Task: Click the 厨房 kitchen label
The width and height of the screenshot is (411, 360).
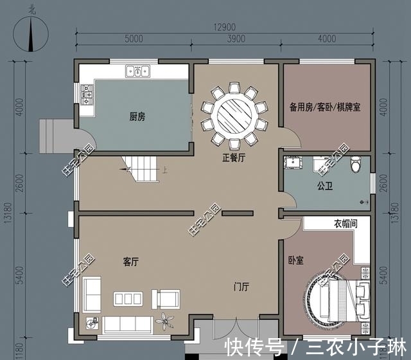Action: (137, 117)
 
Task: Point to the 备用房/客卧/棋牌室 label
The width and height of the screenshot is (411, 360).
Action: (324, 107)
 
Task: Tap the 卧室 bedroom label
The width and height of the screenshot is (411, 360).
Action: (296, 262)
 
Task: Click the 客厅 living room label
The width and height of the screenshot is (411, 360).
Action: (131, 262)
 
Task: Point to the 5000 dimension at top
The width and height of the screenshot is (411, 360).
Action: (134, 39)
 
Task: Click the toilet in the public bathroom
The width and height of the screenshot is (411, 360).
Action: (356, 166)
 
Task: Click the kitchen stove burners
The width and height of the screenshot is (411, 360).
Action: (87, 97)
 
